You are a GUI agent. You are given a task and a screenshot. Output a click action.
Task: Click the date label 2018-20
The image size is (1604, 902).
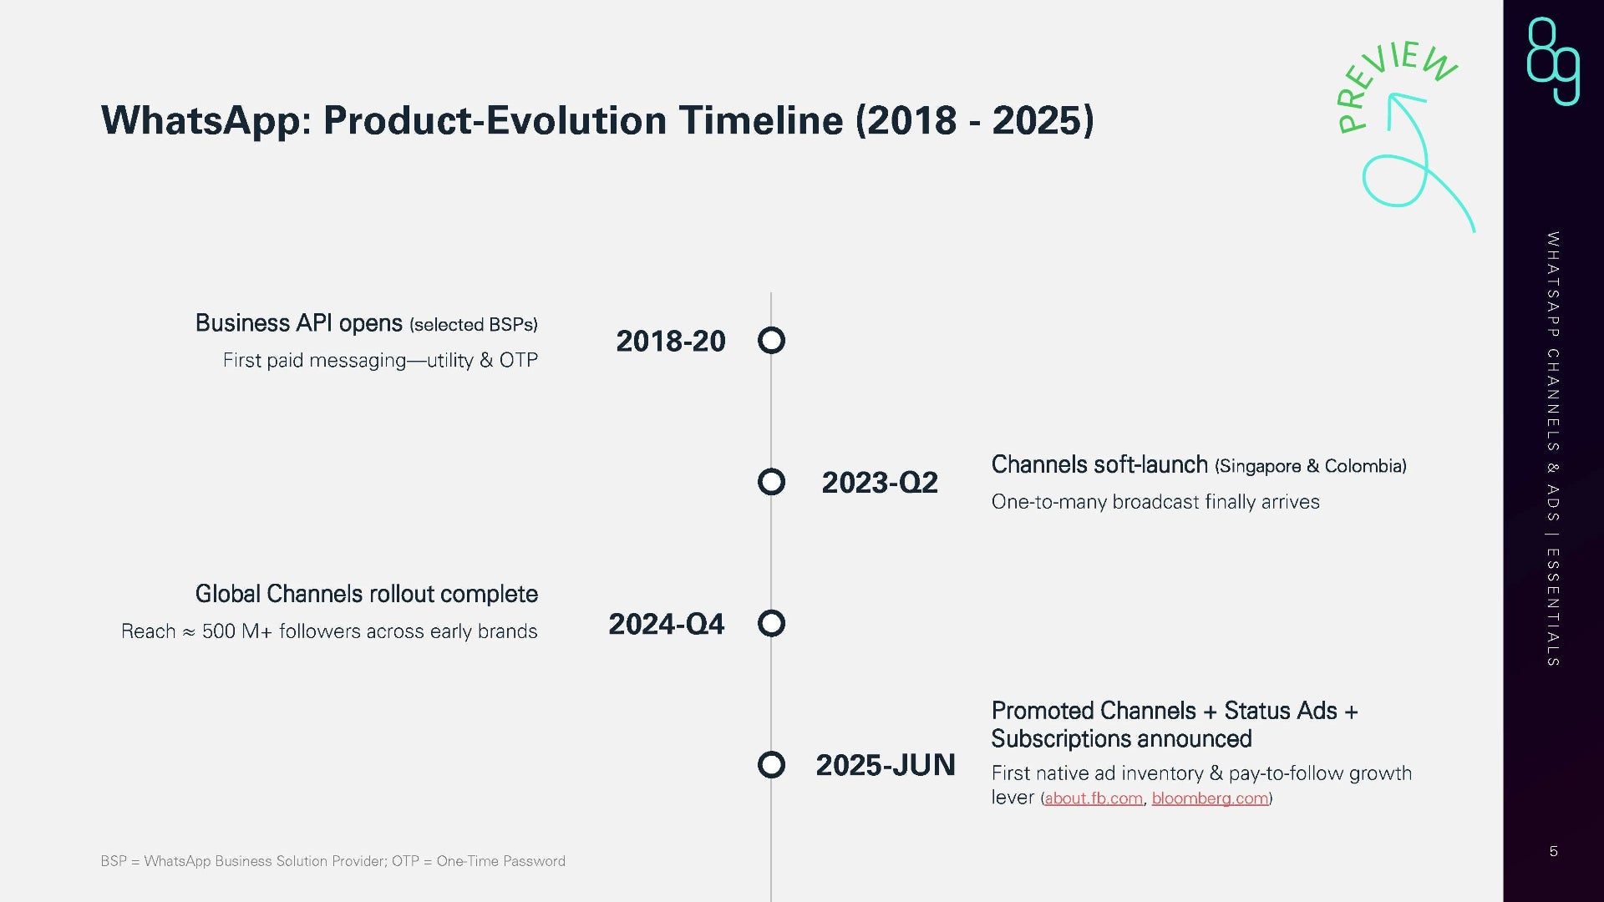[x=671, y=341]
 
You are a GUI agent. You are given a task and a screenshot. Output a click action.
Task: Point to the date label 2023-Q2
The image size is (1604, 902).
[x=880, y=483]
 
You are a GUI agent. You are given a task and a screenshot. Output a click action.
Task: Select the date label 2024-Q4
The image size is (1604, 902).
[x=667, y=624]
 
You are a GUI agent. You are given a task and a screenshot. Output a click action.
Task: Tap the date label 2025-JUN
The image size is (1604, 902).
[x=886, y=765]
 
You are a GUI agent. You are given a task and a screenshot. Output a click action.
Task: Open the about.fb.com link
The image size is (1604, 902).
[x=1094, y=798]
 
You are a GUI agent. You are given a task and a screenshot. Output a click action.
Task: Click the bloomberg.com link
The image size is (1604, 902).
[x=1210, y=798]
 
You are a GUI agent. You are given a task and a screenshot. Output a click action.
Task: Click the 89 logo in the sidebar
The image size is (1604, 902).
[x=1554, y=61]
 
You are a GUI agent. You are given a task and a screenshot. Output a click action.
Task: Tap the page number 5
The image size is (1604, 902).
[x=1554, y=851]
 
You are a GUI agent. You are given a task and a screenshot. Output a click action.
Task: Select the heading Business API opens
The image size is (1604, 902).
[x=299, y=323]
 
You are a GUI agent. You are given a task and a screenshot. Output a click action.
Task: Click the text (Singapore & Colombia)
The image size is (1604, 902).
[x=1311, y=466]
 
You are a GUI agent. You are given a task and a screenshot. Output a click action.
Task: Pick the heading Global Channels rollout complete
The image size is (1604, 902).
[x=367, y=594]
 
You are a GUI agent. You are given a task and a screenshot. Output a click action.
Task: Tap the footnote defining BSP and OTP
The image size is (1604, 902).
[x=332, y=861]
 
